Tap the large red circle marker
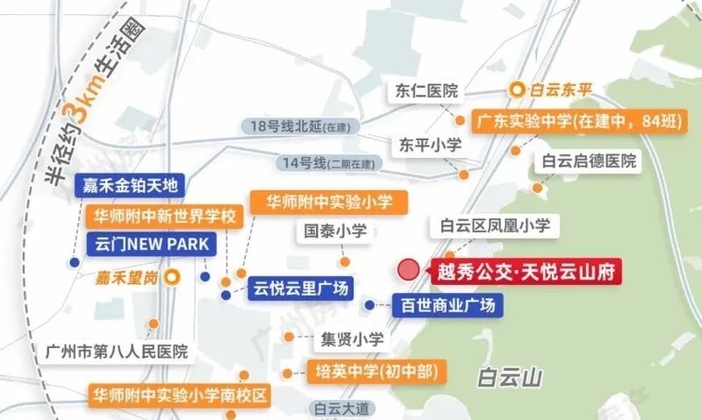[x=409, y=270]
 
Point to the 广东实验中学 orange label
[x=577, y=122]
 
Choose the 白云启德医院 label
[x=589, y=161]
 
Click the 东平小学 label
[x=430, y=146]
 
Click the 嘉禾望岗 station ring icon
[x=174, y=276]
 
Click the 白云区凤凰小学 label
[x=495, y=226]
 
